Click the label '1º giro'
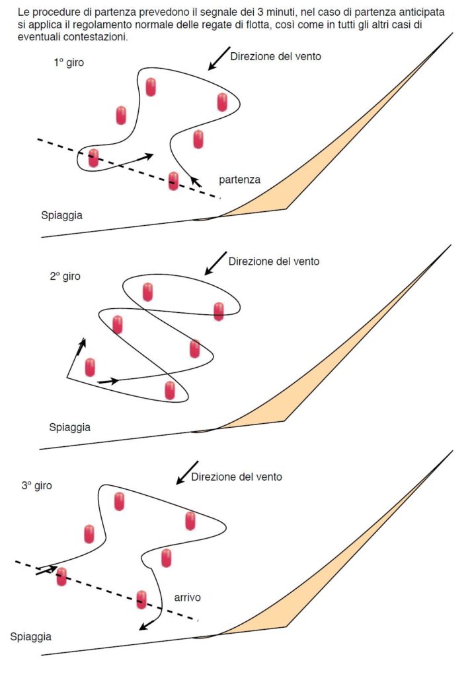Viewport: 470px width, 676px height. click(69, 63)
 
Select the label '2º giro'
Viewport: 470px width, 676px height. click(65, 277)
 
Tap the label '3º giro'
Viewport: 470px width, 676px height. click(36, 485)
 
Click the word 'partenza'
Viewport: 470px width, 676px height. click(239, 180)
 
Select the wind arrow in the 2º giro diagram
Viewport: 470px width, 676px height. click(215, 263)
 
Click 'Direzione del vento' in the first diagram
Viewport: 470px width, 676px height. click(276, 57)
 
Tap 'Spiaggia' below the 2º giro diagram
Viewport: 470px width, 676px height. click(69, 427)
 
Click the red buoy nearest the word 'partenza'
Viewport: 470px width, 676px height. click(173, 180)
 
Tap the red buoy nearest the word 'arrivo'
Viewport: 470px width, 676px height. click(141, 599)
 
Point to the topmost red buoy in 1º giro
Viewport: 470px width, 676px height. click(151, 86)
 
